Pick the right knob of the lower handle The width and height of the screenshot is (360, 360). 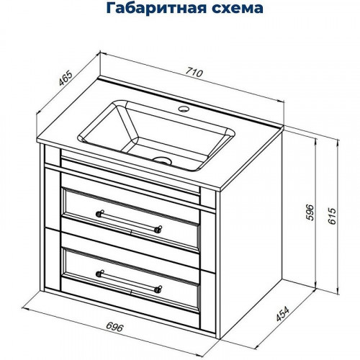tap(158, 289)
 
